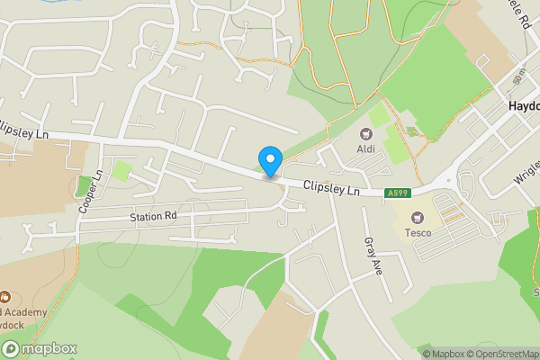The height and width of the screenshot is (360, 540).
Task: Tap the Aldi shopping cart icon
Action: [367, 134]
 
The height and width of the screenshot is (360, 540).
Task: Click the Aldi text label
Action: [367, 148]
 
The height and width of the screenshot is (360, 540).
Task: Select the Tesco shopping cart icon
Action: [417, 217]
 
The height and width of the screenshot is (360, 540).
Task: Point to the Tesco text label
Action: [417, 233]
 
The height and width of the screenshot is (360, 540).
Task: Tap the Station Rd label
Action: [153, 216]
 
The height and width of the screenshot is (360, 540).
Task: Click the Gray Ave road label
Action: [374, 256]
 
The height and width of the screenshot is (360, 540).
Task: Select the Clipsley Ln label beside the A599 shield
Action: [331, 190]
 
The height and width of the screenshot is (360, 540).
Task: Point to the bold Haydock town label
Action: [523, 105]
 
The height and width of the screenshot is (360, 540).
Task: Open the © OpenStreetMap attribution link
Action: [502, 354]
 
